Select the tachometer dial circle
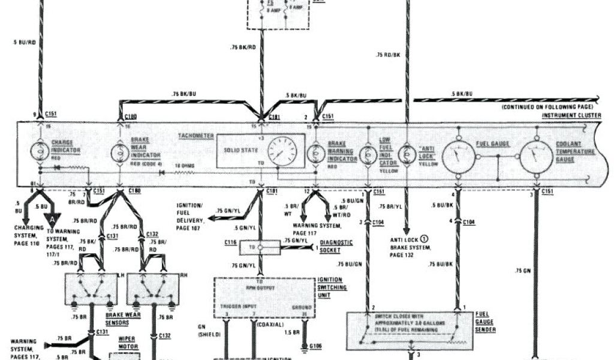[282, 151]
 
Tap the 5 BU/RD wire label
[24, 42]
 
